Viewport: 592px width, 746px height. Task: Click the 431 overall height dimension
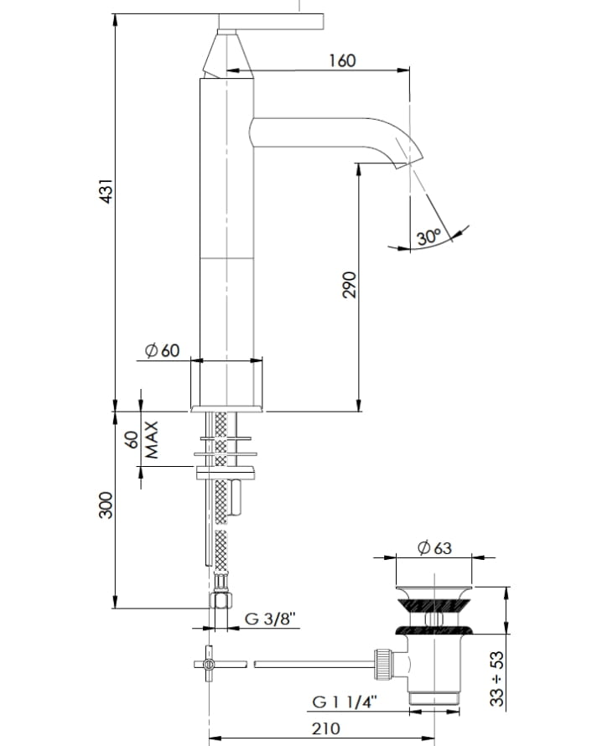click(x=106, y=191)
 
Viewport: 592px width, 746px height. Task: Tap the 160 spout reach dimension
click(x=342, y=60)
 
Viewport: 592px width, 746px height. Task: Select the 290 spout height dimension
click(x=350, y=284)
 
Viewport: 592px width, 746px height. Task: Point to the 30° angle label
click(x=428, y=236)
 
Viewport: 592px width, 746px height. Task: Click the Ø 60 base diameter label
click(x=163, y=350)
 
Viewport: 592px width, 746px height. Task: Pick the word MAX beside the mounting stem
click(x=151, y=439)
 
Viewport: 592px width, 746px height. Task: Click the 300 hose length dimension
click(x=106, y=505)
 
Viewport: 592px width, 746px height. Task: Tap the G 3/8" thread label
click(x=270, y=619)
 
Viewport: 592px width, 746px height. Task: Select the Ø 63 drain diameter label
click(x=434, y=547)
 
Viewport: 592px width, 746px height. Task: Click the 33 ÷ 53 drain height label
click(x=496, y=678)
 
